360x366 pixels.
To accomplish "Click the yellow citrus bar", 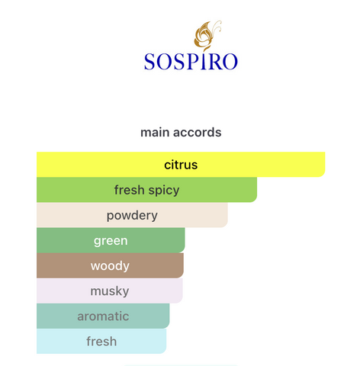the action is pos(181,165).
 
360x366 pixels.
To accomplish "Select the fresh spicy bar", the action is pos(146,190).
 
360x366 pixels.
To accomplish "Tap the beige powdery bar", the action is pos(132,215).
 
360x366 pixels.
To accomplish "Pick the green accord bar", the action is pos(111,240).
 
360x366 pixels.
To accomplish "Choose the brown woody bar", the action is pos(110,265).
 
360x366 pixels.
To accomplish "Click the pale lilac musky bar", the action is pos(110,291).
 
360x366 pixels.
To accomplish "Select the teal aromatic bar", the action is pos(103,316).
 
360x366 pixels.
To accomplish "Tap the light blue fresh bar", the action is pos(101,341).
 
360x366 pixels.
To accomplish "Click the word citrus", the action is pos(181,165).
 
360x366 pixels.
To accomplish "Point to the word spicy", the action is pos(164,191).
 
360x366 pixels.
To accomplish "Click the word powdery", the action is pos(132,216).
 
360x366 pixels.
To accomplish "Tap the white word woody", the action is pos(110,266).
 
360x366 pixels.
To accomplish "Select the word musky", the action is pos(110,291).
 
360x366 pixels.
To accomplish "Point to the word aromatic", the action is pos(103,316).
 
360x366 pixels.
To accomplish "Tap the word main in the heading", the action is pos(155,133).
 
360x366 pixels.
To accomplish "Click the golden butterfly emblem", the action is pos(207,35).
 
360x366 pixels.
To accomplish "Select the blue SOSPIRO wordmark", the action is pos(191,61).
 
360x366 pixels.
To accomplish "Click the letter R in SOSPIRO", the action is pos(214,62).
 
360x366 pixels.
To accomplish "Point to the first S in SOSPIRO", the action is pos(149,62).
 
